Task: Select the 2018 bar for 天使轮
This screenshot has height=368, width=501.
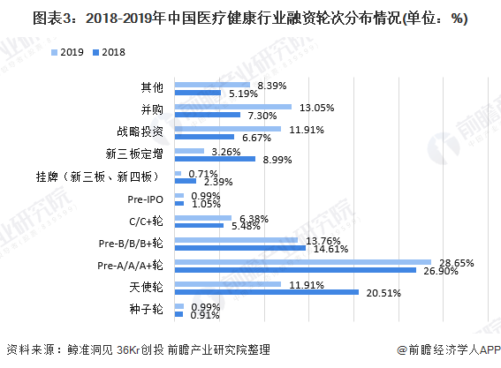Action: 266,292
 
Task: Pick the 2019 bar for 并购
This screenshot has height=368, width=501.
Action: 233,107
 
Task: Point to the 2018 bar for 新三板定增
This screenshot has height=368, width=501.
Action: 215,159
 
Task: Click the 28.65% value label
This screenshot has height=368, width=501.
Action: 452,263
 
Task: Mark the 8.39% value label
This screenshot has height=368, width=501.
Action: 270,84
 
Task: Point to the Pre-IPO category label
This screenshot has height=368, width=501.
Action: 145,199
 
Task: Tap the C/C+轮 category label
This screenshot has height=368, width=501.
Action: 144,221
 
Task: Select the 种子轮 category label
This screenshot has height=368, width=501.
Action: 147,309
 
